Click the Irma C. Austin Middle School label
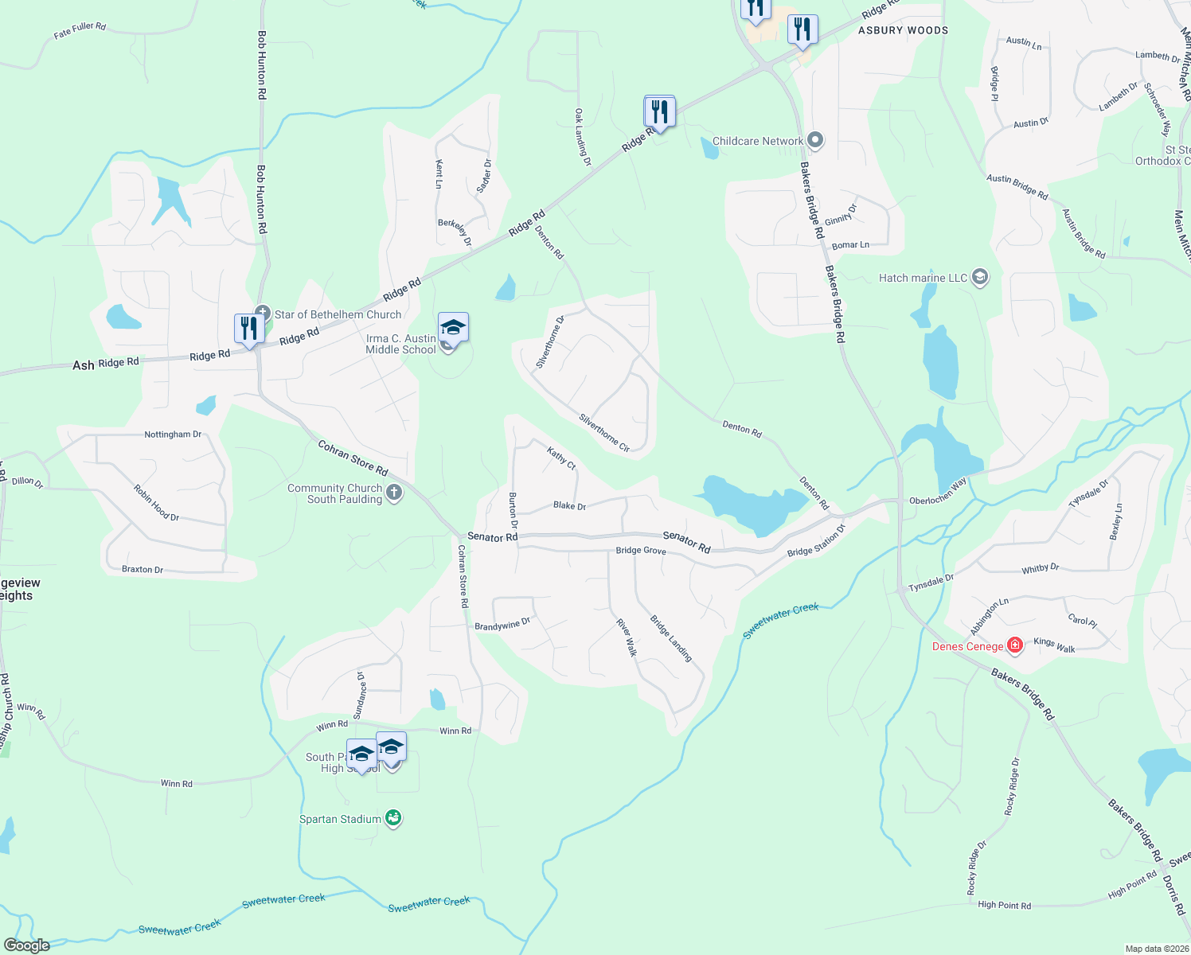tap(401, 344)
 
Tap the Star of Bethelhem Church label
tap(338, 314)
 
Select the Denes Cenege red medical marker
tap(1015, 645)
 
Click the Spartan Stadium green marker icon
tap(393, 818)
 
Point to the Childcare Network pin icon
tap(814, 141)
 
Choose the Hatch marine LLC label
tap(923, 278)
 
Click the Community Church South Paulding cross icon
tap(394, 493)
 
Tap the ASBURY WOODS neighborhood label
tap(903, 30)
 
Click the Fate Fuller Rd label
tap(80, 31)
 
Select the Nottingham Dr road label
tap(173, 435)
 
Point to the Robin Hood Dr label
tap(156, 503)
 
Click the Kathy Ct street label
tap(561, 458)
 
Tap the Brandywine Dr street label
tap(502, 625)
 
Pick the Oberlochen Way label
tap(938, 491)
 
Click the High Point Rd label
tap(1004, 905)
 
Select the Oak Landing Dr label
tap(584, 137)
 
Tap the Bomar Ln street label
tap(850, 245)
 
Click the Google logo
tap(26, 945)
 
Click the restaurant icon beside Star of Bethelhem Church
tap(249, 329)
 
